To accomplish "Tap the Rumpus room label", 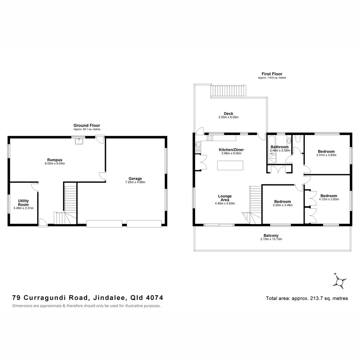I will point(55,160).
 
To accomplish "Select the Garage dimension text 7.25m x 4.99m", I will point(135,182).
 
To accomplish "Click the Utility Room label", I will point(23,202).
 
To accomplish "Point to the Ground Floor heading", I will point(87,125).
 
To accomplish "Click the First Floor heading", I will point(272,74).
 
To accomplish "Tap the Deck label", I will point(228,114).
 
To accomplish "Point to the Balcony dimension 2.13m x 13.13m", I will point(271,239).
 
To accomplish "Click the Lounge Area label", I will point(225,198).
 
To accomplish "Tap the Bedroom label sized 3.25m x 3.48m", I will point(282,201).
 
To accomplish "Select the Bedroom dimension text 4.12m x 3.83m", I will point(329,199).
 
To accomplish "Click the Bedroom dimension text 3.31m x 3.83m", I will point(326,155).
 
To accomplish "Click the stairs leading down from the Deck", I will point(229,91).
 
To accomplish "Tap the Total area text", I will point(307,298).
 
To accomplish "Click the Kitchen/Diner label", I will point(230,150).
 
